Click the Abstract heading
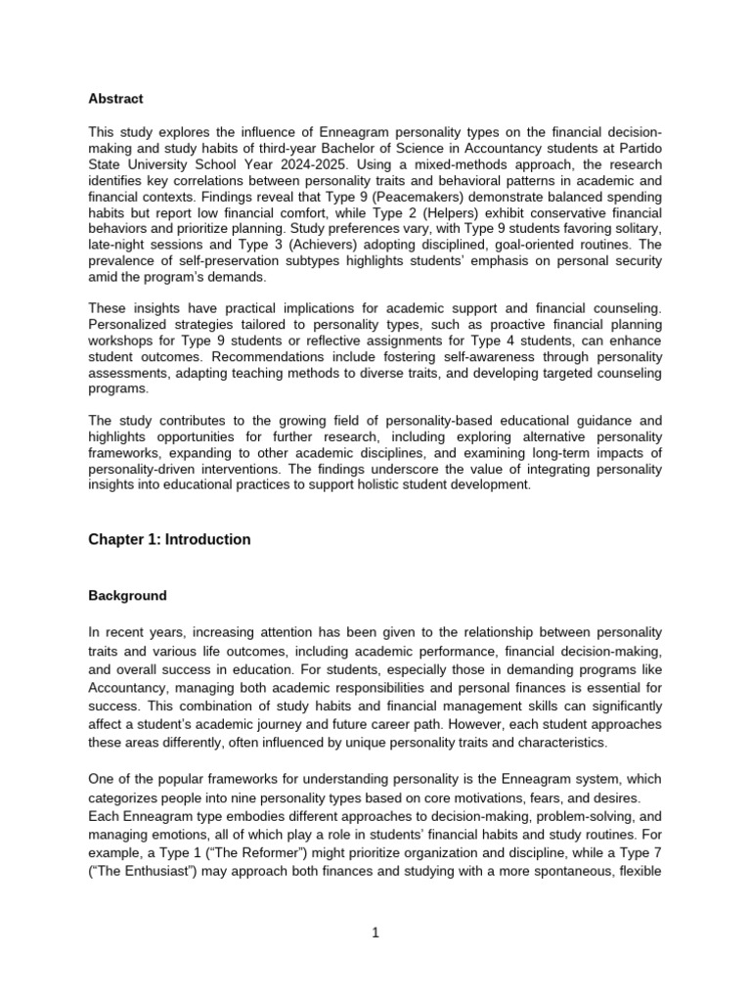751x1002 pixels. point(115,99)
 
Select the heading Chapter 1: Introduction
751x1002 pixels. point(169,539)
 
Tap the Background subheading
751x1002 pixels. point(127,595)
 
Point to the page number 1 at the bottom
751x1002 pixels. point(375,933)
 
